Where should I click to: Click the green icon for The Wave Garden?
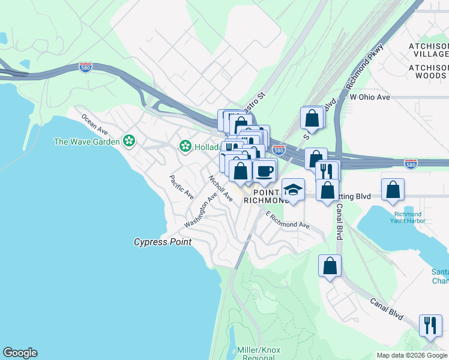tap(128, 141)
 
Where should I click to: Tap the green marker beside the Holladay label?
tap(185, 146)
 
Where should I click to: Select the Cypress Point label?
tap(162, 242)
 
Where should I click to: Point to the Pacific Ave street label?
tap(181, 187)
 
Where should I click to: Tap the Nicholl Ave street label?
tap(220, 188)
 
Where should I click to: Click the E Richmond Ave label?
tap(288, 221)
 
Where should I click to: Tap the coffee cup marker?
tap(264, 170)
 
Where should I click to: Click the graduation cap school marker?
tap(293, 190)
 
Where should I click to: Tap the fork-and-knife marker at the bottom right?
tap(430, 325)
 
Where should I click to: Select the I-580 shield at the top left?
tap(86, 67)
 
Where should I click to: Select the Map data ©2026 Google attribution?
tap(411, 355)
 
